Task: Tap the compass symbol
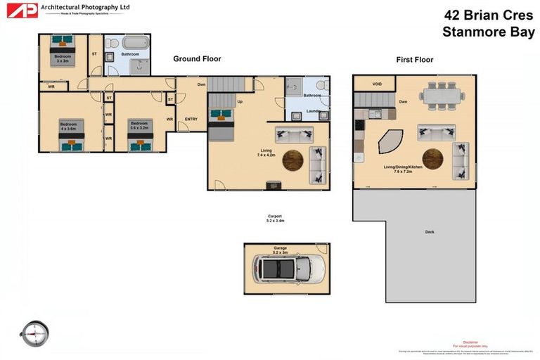click(x=34, y=333)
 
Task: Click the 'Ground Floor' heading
click(x=197, y=59)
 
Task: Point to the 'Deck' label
click(x=429, y=232)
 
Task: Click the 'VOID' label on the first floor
click(x=378, y=84)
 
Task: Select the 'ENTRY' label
click(x=191, y=119)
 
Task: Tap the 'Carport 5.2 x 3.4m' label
click(x=275, y=218)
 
